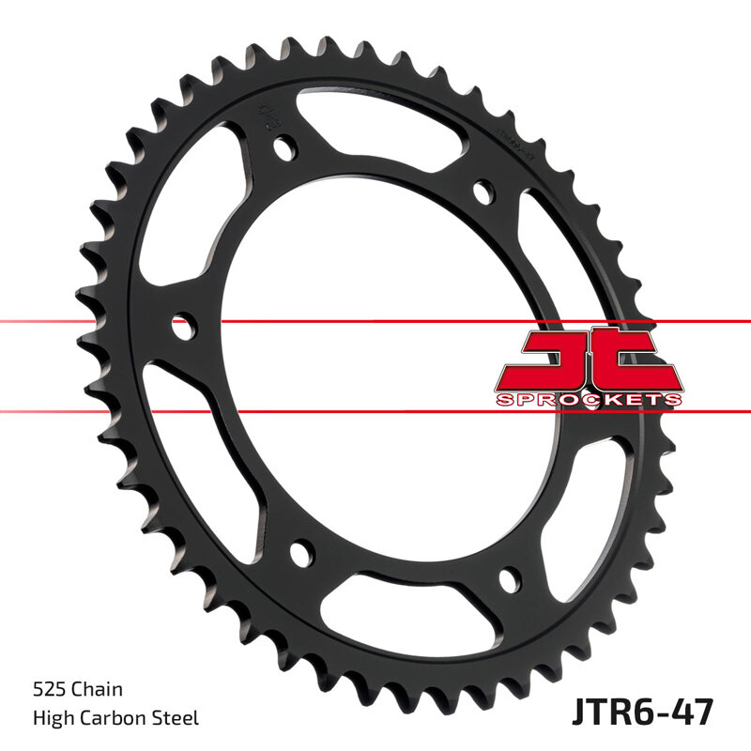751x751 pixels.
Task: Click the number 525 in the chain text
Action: [48, 690]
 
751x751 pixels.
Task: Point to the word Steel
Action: [176, 718]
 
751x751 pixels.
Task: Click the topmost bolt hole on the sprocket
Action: [284, 146]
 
